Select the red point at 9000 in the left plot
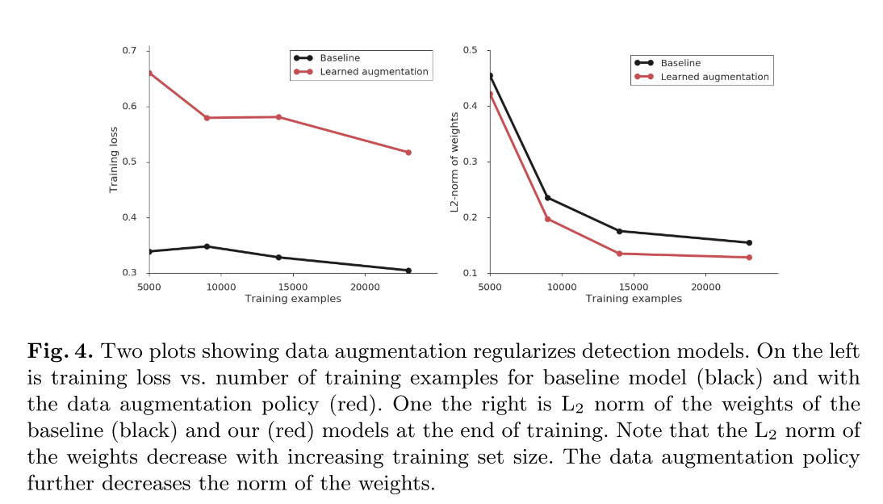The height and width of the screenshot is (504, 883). [x=207, y=118]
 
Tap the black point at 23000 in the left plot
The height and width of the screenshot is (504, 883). [x=408, y=271]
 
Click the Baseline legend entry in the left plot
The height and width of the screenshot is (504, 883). [x=339, y=58]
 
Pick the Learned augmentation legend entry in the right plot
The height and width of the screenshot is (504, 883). [x=714, y=78]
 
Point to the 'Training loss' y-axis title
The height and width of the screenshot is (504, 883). [x=114, y=159]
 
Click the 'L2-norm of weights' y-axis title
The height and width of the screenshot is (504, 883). [x=454, y=162]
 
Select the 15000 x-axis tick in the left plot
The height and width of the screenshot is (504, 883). [x=293, y=287]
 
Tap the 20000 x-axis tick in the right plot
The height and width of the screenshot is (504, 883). [x=706, y=287]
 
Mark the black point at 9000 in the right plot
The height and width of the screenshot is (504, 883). [x=547, y=198]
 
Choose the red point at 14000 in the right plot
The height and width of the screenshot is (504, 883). [x=619, y=254]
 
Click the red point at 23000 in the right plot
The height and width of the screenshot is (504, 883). [x=749, y=258]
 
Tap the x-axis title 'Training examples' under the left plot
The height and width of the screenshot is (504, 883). [x=293, y=299]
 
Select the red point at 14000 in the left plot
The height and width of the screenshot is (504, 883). [x=278, y=117]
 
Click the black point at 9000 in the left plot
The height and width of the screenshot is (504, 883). [x=207, y=246]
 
